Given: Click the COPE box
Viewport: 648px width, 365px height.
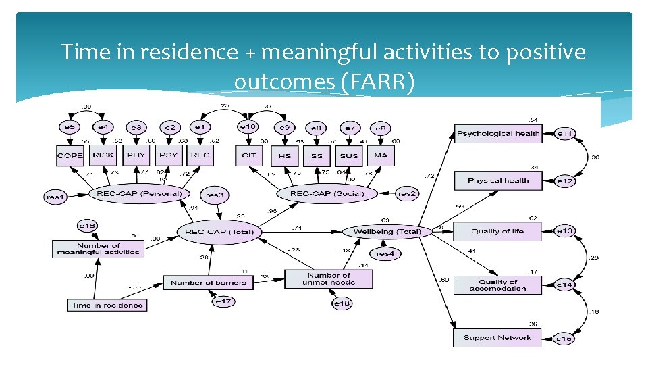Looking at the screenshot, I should tap(70, 155).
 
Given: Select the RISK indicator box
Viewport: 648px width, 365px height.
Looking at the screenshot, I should tap(103, 155).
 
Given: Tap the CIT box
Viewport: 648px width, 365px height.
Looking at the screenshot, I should tap(249, 155).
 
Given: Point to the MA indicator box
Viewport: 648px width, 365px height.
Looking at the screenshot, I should tap(381, 155).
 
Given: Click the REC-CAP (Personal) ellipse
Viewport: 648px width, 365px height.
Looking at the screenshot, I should tap(140, 193).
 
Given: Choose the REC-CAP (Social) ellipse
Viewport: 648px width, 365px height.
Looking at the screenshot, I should tap(327, 193).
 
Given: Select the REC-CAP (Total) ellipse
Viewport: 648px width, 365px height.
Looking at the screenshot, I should tap(219, 232).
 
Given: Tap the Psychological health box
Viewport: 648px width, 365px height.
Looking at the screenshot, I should tap(498, 134).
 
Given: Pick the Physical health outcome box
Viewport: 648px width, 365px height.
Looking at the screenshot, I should tap(498, 180).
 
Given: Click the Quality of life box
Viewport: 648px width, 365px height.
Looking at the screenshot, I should tap(497, 231).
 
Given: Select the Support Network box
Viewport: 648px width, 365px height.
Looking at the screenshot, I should tap(497, 338).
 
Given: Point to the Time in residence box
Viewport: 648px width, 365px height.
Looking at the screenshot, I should tap(107, 305).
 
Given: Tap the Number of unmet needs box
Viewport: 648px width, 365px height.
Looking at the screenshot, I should tap(329, 279).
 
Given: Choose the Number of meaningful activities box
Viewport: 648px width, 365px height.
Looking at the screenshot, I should tap(99, 249).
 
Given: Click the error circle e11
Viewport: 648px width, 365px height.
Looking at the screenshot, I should tap(565, 134).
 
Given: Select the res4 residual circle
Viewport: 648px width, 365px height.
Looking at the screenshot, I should tap(384, 254).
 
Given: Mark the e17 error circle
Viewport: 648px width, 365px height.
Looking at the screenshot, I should tap(223, 301).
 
